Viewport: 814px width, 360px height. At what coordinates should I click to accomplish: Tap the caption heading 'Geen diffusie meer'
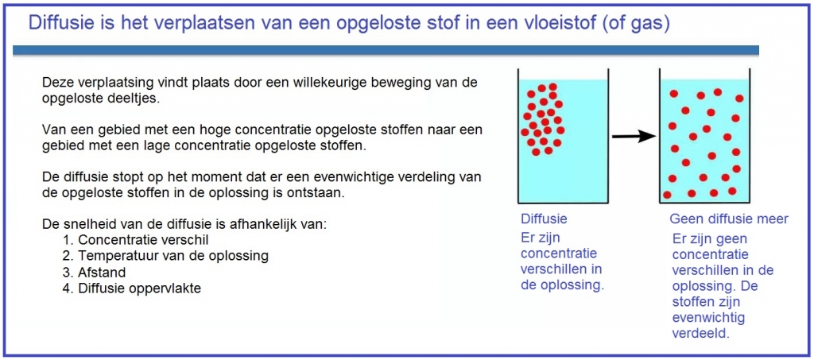728,219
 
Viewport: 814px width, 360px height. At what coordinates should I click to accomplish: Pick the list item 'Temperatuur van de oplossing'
172,256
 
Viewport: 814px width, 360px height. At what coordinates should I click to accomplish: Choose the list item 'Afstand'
102,273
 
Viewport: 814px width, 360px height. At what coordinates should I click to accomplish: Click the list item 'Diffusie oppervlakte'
139,288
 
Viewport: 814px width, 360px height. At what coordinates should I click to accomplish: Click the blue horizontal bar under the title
386,50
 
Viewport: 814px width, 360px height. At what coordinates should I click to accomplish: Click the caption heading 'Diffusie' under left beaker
543,219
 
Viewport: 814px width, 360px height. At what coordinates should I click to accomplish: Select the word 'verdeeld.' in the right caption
700,334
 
